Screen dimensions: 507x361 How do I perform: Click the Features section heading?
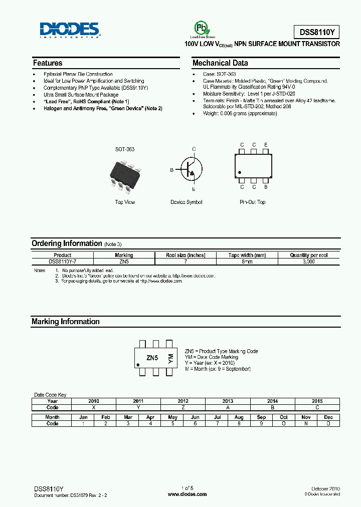click(48, 63)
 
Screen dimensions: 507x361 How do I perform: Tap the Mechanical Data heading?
click(220, 63)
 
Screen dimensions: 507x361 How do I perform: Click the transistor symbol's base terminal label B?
click(171, 170)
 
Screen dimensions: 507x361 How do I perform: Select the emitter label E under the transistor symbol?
click(194, 190)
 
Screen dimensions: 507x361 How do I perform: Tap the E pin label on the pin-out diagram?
click(266, 145)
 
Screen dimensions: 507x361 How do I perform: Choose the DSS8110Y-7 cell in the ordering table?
click(63, 262)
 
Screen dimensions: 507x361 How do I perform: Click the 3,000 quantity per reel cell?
click(308, 262)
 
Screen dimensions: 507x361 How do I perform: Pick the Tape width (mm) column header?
click(247, 255)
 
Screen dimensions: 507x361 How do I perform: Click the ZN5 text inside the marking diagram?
click(152, 358)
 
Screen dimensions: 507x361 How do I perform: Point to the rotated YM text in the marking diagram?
click(170, 358)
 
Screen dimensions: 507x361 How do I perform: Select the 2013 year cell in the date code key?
click(228, 401)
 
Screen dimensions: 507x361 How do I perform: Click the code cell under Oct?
click(284, 423)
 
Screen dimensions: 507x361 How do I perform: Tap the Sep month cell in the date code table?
click(261, 417)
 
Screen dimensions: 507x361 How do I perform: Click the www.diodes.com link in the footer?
click(187, 494)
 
